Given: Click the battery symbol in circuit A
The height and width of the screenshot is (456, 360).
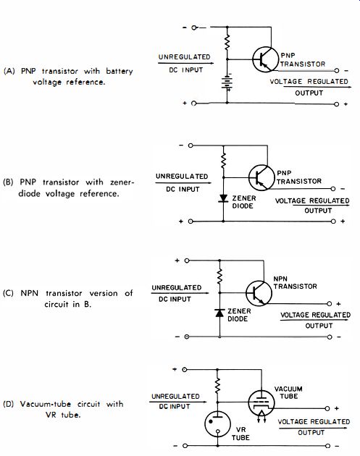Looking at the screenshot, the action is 227,83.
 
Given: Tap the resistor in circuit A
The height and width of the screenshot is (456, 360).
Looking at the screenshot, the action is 227,43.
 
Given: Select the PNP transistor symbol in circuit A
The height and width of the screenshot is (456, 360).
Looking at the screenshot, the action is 265,59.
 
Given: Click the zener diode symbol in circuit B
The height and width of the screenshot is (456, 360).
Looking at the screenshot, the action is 223,198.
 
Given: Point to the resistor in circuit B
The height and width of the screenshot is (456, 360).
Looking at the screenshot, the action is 223,161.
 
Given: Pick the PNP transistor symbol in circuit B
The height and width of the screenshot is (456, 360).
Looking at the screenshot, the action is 261,177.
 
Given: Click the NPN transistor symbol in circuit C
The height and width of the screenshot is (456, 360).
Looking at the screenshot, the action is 259,293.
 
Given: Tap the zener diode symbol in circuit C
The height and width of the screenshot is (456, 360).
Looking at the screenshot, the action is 219,313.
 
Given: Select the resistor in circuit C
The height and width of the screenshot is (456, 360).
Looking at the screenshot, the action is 219,276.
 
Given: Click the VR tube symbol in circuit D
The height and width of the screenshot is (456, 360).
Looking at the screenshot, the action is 217,423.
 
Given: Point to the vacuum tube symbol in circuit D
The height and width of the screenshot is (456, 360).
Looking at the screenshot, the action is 261,402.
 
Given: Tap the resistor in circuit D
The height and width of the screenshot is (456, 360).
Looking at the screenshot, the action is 217,386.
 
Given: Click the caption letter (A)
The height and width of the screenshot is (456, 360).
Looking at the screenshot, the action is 9,71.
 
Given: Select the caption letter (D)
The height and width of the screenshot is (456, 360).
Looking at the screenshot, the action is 9,404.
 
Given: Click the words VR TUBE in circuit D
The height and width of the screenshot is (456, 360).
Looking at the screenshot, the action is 240,434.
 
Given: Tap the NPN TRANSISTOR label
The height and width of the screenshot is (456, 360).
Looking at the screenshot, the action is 295,283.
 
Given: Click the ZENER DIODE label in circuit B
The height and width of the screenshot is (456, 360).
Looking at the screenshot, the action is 244,202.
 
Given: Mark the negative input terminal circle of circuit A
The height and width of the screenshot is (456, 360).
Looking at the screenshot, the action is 194,28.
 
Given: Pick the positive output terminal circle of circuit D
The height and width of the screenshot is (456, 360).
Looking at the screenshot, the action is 327,409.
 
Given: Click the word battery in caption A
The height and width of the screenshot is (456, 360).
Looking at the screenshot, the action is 120,71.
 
